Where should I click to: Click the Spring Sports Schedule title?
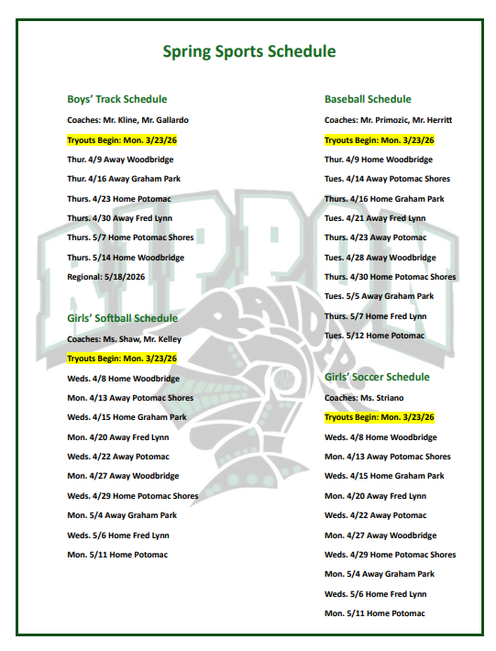coord(248,51)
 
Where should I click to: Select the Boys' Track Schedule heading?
coord(117,99)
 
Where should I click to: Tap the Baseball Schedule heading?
coord(368,99)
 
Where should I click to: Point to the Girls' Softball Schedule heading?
coord(123,318)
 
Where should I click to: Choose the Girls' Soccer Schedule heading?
coord(377,377)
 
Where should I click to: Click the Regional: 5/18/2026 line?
coord(105,277)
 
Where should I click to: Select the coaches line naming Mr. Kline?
coord(128,120)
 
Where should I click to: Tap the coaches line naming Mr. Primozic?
coord(389,120)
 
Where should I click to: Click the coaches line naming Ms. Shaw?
coord(124,338)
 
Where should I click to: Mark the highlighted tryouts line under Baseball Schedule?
coord(380,140)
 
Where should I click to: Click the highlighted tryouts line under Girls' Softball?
coord(122,359)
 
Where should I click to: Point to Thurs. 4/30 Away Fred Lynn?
coord(118,218)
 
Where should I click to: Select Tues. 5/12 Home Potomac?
coord(375,336)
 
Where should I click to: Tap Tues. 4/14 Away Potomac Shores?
coord(387,179)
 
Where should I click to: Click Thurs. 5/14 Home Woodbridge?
coord(126,258)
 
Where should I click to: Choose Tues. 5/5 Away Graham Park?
coord(380,296)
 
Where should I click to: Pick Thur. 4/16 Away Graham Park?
coord(122,179)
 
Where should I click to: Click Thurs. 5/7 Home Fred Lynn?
coord(376,316)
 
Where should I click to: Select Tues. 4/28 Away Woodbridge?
coord(380,258)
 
